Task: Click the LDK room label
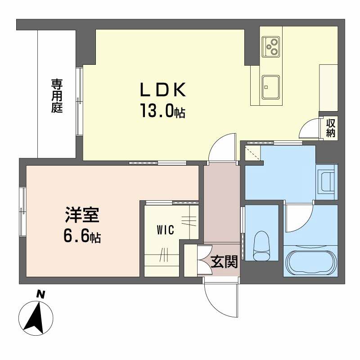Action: (163, 90)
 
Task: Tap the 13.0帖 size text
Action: (163, 110)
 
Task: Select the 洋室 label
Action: (82, 215)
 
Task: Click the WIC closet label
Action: (165, 230)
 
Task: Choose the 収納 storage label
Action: (331, 128)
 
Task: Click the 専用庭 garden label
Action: (57, 96)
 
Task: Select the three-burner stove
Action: (271, 47)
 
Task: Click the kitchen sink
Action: (271, 87)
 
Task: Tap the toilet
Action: (261, 246)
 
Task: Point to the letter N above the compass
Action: (40, 294)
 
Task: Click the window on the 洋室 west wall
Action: (23, 211)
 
